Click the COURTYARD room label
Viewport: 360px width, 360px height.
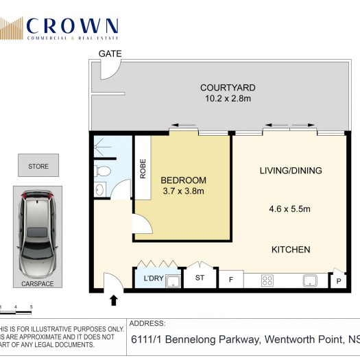coord(228,87)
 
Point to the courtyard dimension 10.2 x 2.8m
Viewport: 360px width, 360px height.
coord(228,99)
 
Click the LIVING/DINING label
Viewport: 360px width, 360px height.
coord(291,170)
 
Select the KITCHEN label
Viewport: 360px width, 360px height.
coord(291,250)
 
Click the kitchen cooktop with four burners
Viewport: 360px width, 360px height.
coord(268,280)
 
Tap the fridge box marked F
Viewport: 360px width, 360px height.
coord(230,280)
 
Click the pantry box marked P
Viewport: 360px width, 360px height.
coord(338,280)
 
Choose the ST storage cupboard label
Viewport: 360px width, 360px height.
coord(200,278)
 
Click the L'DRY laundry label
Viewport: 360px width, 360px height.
coord(152,278)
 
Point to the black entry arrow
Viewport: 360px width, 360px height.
coord(114,300)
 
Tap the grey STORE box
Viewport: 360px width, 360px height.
coord(38,166)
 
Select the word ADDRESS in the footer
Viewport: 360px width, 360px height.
coord(148,323)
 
